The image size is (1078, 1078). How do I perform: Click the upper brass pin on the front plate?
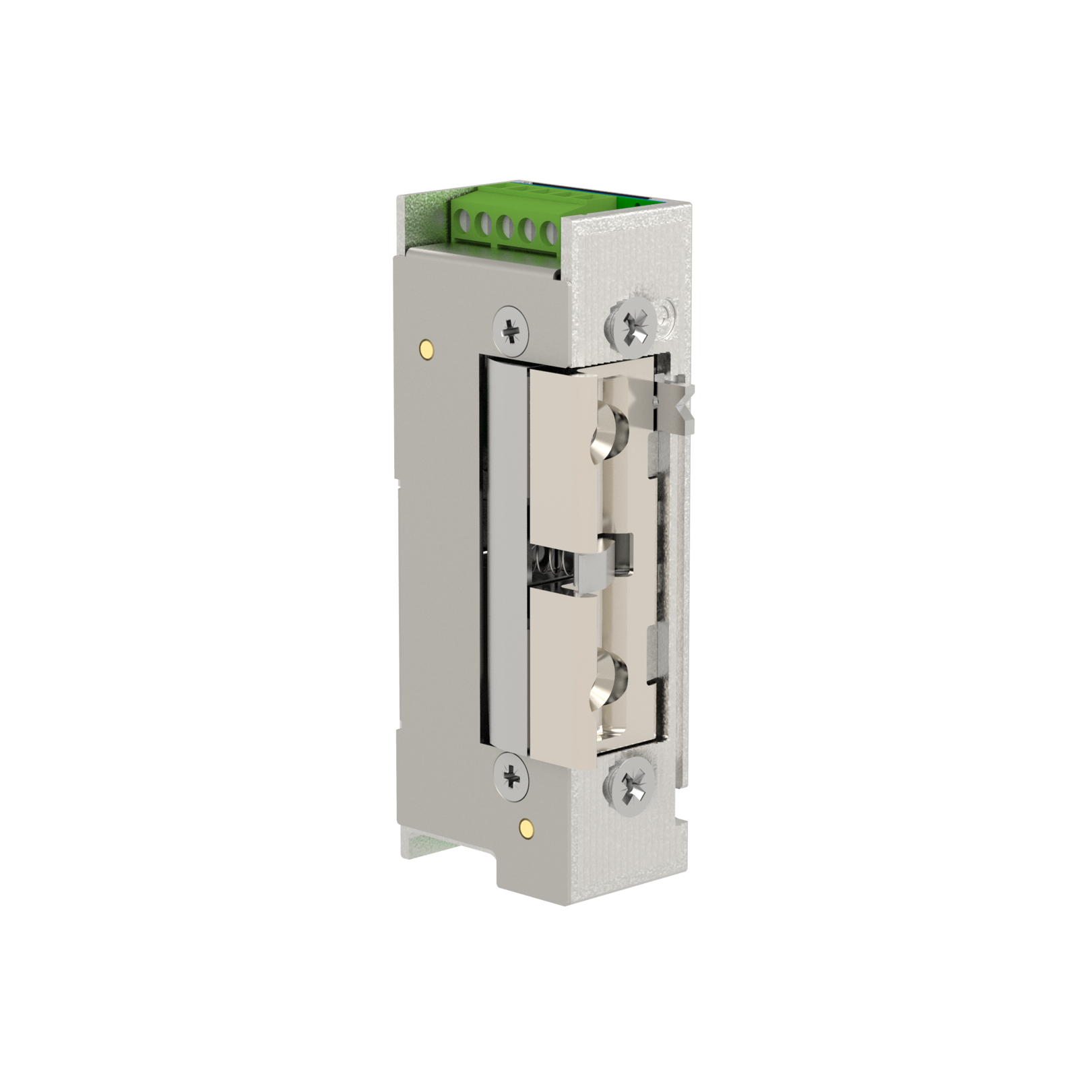(x=426, y=348)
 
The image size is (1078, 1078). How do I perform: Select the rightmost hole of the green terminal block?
(x=550, y=234)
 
